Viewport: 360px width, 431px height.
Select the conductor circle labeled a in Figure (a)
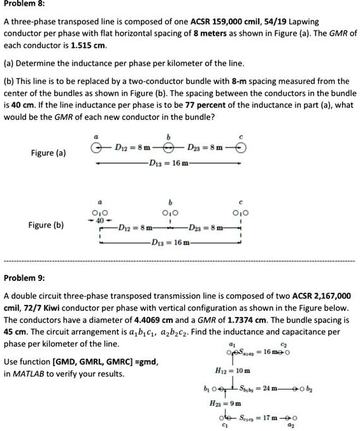(x=96, y=148)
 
